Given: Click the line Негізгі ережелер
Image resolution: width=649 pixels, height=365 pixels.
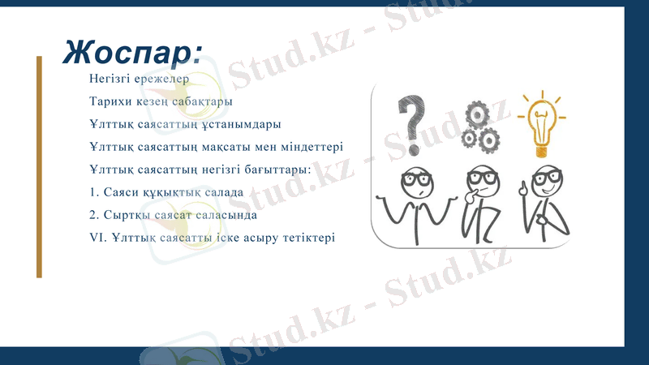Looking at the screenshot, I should point(139,79).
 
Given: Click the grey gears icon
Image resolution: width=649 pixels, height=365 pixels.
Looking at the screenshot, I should point(479,126).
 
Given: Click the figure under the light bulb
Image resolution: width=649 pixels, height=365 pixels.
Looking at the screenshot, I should point(544,203).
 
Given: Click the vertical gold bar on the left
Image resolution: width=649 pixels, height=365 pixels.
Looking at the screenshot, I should point(39,166).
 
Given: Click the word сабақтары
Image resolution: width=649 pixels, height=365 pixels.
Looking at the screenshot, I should point(203,102).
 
